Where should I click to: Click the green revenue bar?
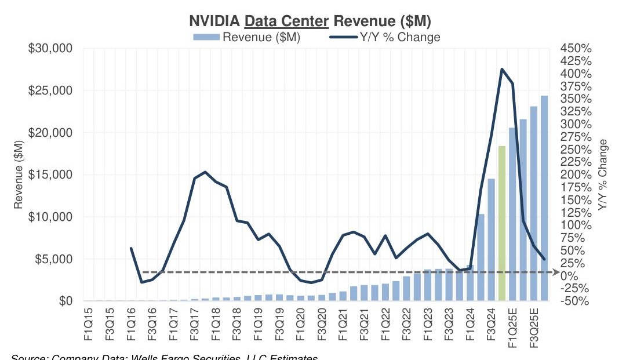coord(502,223)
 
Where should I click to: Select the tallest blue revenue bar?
coord(544,198)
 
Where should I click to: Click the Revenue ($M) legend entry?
coord(260,37)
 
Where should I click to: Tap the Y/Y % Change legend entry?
coord(385,37)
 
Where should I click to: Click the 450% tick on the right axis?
coord(576,48)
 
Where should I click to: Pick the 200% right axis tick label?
coord(576,174)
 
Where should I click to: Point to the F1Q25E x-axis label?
coord(513,329)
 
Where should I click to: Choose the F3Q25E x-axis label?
coord(534,329)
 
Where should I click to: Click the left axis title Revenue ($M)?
coord(19,174)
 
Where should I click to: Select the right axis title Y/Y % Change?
coord(603,174)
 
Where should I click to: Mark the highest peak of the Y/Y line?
coord(502,69)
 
